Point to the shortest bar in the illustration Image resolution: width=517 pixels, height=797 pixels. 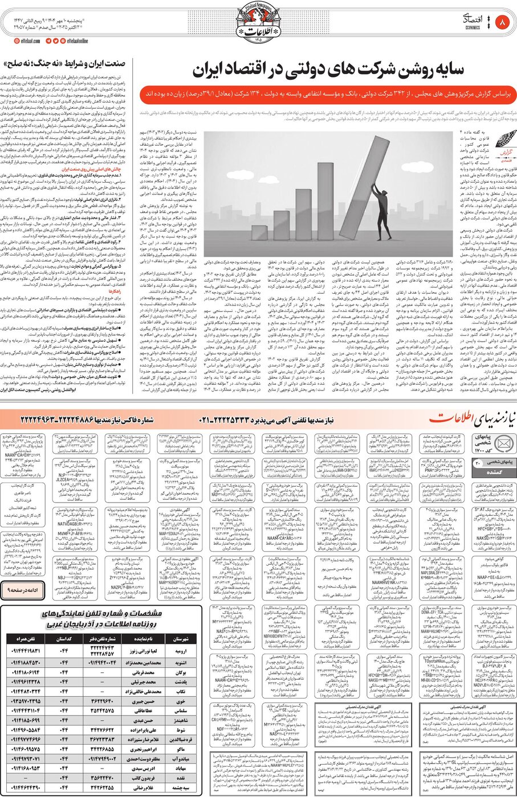259,232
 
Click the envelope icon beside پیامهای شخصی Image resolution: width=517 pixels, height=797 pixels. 504,443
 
